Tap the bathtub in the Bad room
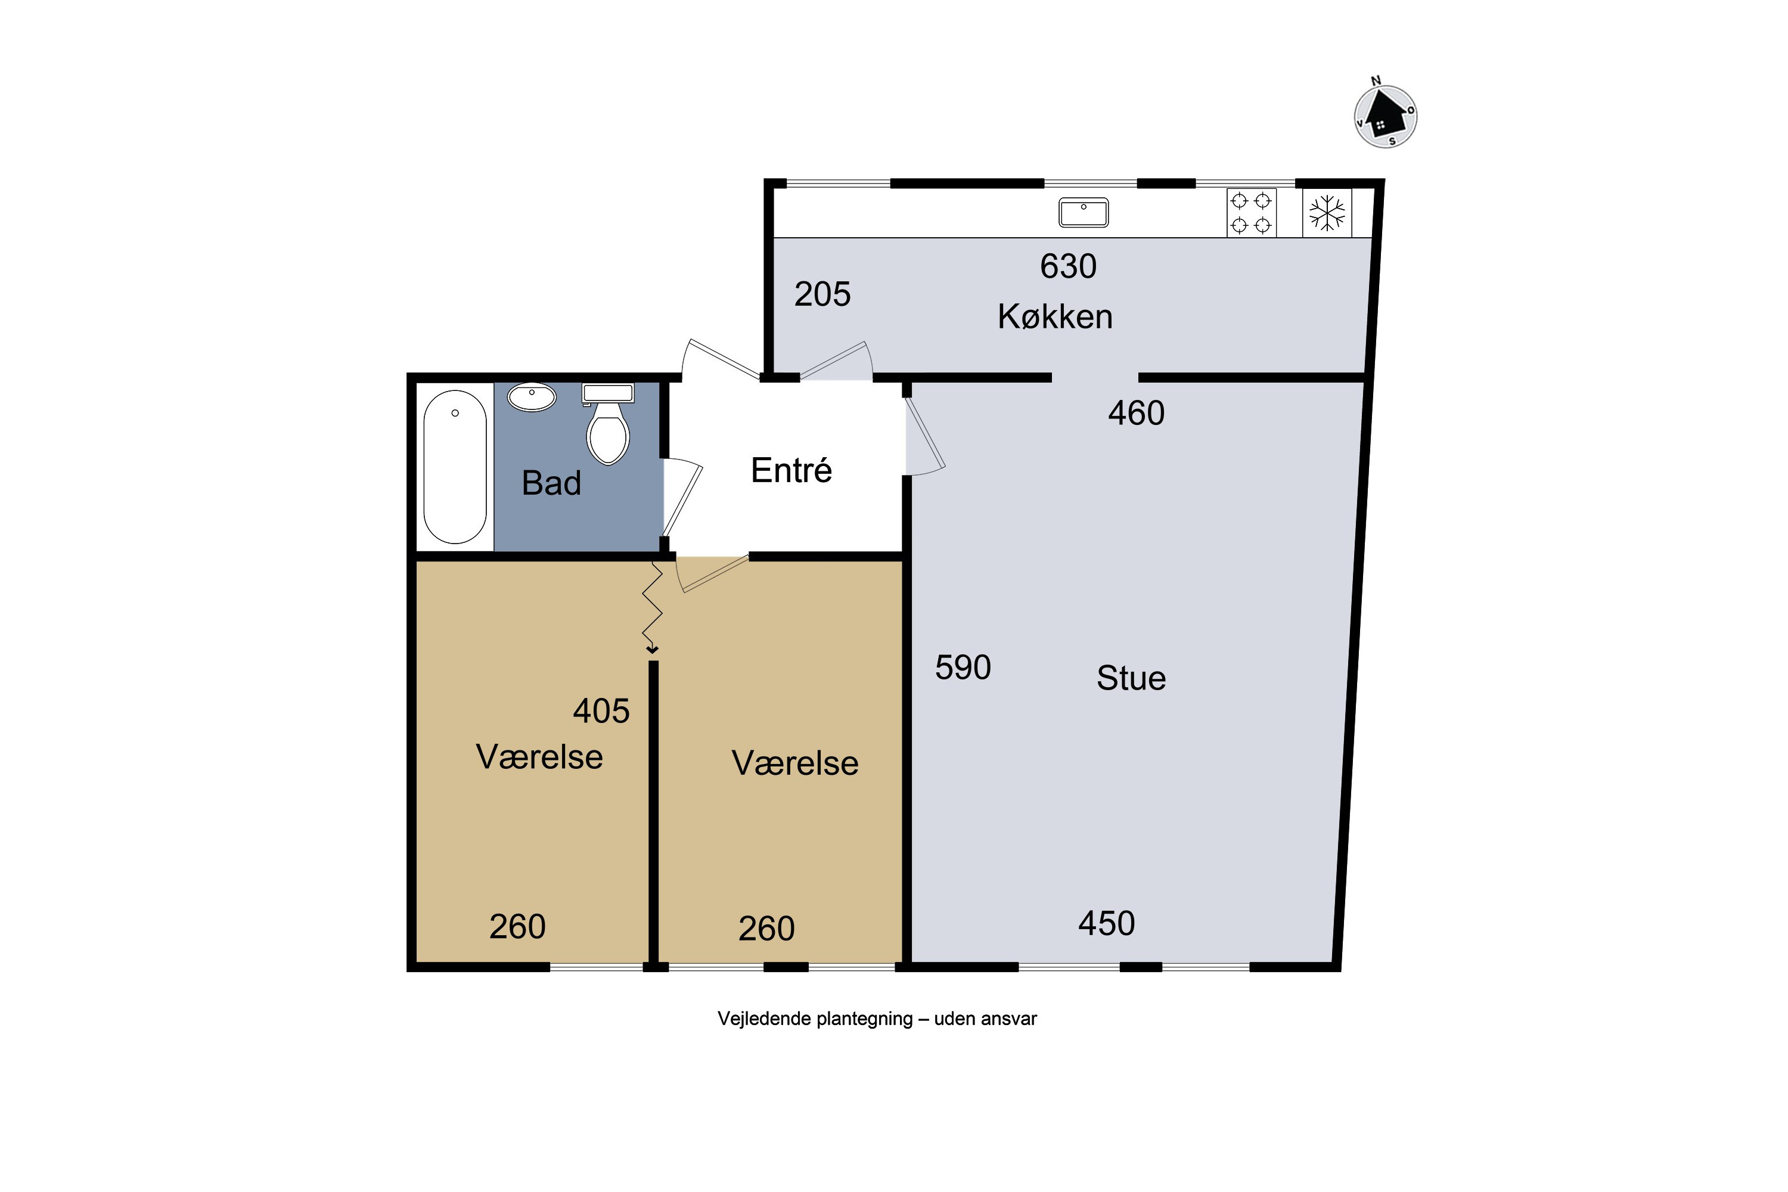click(455, 467)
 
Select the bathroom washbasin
click(532, 397)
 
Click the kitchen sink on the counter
click(1084, 212)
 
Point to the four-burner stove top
click(1251, 213)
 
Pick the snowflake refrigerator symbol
click(1327, 213)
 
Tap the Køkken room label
click(1055, 316)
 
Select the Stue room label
click(1131, 678)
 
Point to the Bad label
click(551, 483)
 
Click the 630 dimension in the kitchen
click(1068, 266)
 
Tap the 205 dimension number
click(822, 294)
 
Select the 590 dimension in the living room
click(963, 668)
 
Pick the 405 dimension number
click(601, 711)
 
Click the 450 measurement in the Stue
click(1107, 923)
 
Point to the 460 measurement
click(1137, 413)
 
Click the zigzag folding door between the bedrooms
click(652, 607)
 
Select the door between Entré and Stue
click(924, 433)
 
